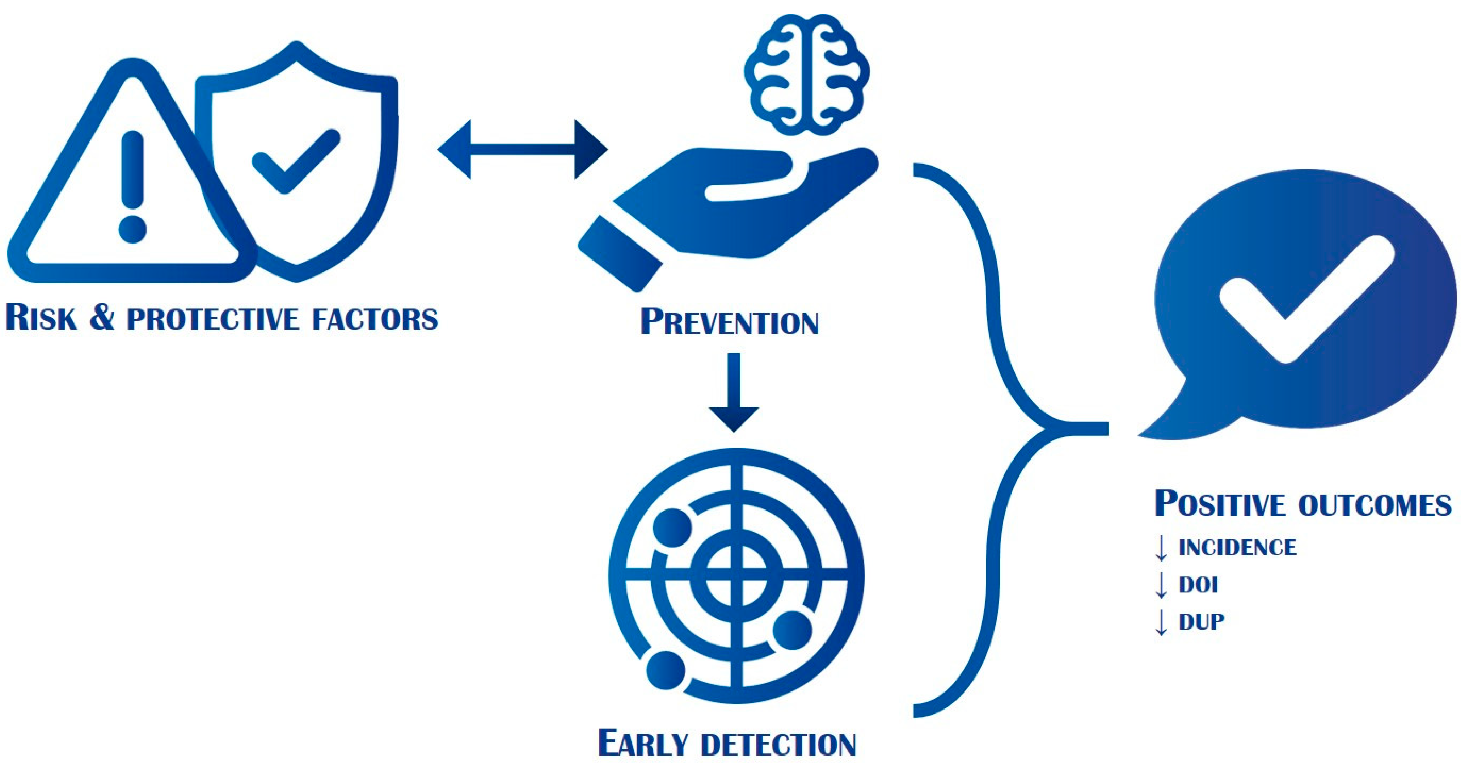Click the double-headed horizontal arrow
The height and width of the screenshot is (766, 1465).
(x=523, y=149)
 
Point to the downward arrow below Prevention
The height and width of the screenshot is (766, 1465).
(x=734, y=392)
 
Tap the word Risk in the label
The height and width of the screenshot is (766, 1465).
(x=41, y=317)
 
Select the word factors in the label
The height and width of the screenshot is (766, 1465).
(x=375, y=318)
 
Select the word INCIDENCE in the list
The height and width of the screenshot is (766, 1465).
(x=1237, y=547)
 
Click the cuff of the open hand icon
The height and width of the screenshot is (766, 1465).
(x=620, y=253)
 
